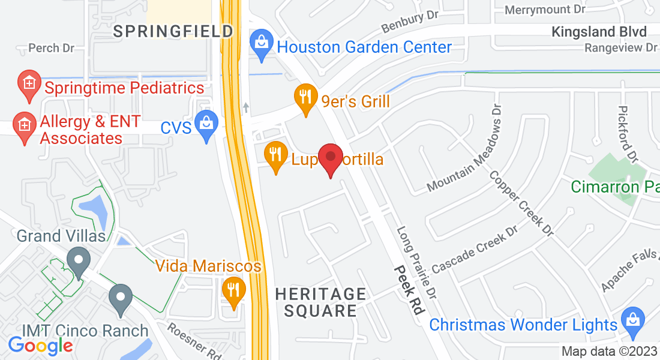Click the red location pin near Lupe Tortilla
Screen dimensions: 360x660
tap(330, 158)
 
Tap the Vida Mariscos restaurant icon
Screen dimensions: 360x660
tap(233, 290)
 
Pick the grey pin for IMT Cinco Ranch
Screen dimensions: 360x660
tap(121, 298)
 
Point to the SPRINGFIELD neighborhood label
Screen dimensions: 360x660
tap(173, 31)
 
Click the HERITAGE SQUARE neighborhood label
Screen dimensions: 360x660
tap(320, 302)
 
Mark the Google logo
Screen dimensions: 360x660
tap(40, 346)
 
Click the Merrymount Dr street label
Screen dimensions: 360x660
tap(545, 10)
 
